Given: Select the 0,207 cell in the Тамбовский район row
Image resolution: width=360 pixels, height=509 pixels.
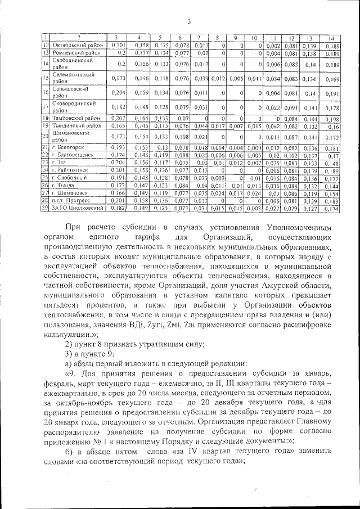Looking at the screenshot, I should click(x=118, y=119).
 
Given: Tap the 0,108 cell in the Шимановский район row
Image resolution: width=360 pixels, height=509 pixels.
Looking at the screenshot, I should click(x=181, y=137).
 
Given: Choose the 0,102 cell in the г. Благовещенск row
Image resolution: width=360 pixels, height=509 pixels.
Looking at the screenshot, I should click(x=291, y=155).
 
